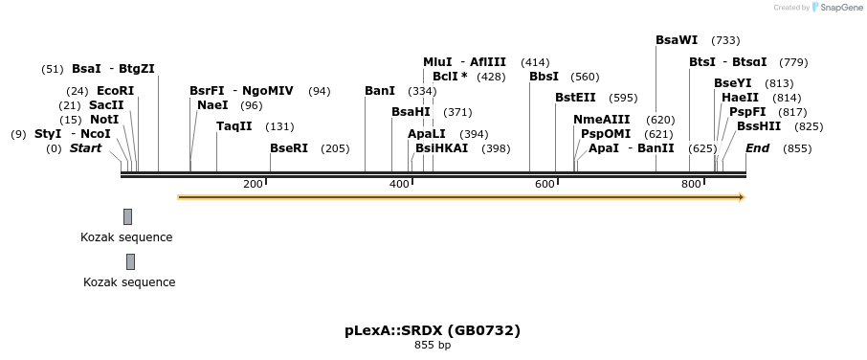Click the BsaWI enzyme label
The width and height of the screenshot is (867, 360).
point(677,40)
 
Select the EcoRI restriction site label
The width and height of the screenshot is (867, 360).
point(116,90)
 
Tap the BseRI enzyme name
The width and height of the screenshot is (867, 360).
point(289,148)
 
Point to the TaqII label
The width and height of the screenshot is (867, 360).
point(234,126)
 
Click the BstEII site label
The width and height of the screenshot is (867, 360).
point(575,98)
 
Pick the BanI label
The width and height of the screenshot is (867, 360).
point(380,91)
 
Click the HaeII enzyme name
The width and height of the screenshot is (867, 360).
point(740,98)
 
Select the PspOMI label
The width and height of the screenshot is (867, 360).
point(606,134)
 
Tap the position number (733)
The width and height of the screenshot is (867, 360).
point(726,40)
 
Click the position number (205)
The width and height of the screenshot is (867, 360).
point(335,148)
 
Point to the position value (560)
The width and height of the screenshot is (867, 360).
point(585,77)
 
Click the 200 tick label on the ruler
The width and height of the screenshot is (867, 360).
point(253,184)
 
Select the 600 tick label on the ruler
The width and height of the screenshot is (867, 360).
point(545,184)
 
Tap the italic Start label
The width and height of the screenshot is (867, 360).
point(85,148)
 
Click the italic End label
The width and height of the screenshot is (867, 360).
point(757,148)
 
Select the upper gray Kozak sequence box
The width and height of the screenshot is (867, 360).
point(127,216)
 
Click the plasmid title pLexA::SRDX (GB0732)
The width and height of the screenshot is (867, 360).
point(433,330)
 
